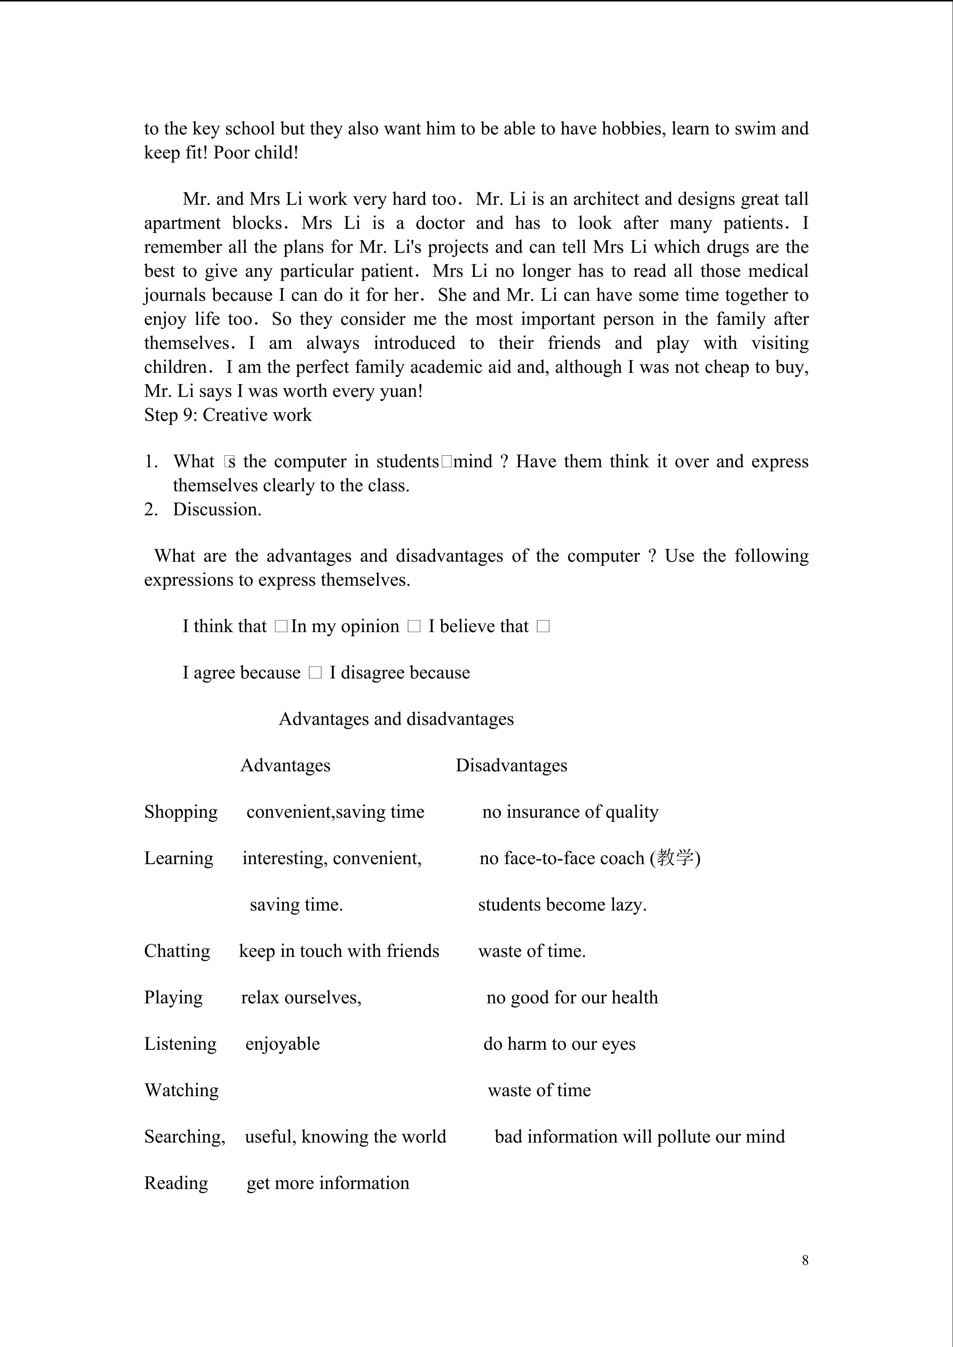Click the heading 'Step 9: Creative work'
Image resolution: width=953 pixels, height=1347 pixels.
pyautogui.click(x=228, y=415)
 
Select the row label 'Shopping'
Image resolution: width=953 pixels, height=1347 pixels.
pyautogui.click(x=181, y=812)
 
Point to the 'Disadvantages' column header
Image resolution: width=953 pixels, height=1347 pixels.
pyautogui.click(x=511, y=766)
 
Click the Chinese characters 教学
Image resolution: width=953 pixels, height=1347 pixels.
pyautogui.click(x=675, y=858)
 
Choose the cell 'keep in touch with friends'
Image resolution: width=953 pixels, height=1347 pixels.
pyautogui.click(x=339, y=951)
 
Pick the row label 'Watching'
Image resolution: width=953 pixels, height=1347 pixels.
pyautogui.click(x=181, y=1090)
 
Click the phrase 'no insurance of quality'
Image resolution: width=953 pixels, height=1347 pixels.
pyautogui.click(x=570, y=812)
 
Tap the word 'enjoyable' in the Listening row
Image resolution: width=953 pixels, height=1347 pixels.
pyautogui.click(x=282, y=1044)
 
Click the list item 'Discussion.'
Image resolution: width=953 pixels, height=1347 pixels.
pyautogui.click(x=217, y=509)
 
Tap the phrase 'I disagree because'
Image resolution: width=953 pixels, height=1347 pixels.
pyautogui.click(x=399, y=672)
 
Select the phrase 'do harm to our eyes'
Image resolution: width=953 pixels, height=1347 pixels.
pyautogui.click(x=559, y=1044)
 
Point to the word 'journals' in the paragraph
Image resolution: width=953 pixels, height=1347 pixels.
pyautogui.click(x=175, y=295)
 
